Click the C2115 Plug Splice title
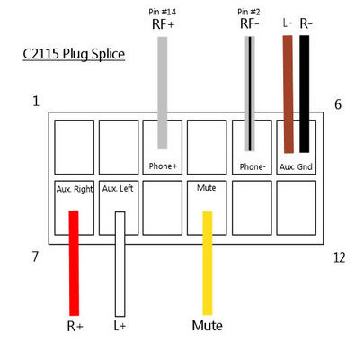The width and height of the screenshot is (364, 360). pos(74,54)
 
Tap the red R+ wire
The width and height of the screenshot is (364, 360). pos(74,263)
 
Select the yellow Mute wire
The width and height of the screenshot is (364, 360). pos(208,263)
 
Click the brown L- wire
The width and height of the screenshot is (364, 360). pos(289,94)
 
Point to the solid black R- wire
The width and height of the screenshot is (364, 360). pos(305,94)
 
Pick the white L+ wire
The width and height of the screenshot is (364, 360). pos(120,264)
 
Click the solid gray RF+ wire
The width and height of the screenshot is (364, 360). pos(163,93)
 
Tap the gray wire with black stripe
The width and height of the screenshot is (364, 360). pos(250,94)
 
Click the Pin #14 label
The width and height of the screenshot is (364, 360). pos(162,12)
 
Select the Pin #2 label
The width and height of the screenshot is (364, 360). pos(249,12)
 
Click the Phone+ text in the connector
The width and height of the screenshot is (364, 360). pos(163,166)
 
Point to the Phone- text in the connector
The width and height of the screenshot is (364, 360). pos(253,166)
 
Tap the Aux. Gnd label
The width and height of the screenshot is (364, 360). pos(296,166)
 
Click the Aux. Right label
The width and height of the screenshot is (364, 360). pos(75,189)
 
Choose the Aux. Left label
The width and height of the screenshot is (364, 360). pos(118,188)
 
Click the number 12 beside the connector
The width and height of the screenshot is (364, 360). pos(339,257)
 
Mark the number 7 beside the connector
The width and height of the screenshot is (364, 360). pos(35,256)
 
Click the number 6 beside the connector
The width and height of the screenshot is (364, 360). pos(338,104)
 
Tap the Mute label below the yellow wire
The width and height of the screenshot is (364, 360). pos(207,326)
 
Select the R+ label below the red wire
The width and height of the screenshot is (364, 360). pos(75,326)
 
